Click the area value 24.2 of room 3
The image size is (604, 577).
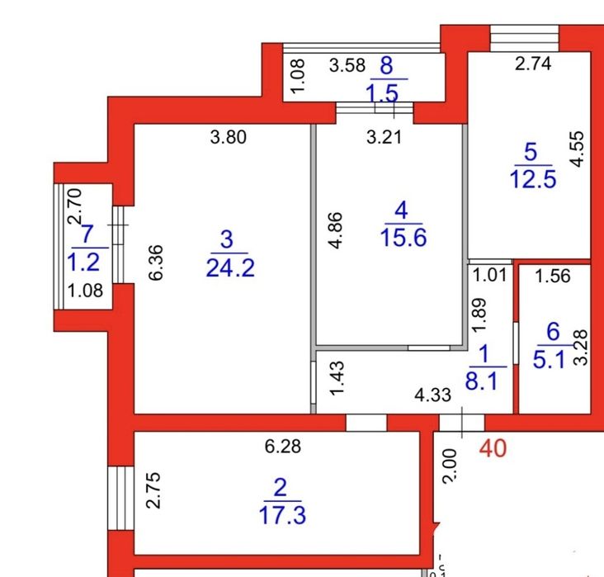[228, 268]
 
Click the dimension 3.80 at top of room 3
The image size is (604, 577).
[228, 138]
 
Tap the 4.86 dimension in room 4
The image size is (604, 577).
[336, 232]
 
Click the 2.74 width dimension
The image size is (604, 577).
[532, 64]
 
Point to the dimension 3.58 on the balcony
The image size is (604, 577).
[347, 66]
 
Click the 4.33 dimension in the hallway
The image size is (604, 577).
[433, 395]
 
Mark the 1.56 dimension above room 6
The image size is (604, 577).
[552, 277]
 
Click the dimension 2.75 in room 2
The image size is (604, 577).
[155, 493]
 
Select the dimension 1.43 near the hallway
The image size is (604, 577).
[336, 378]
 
